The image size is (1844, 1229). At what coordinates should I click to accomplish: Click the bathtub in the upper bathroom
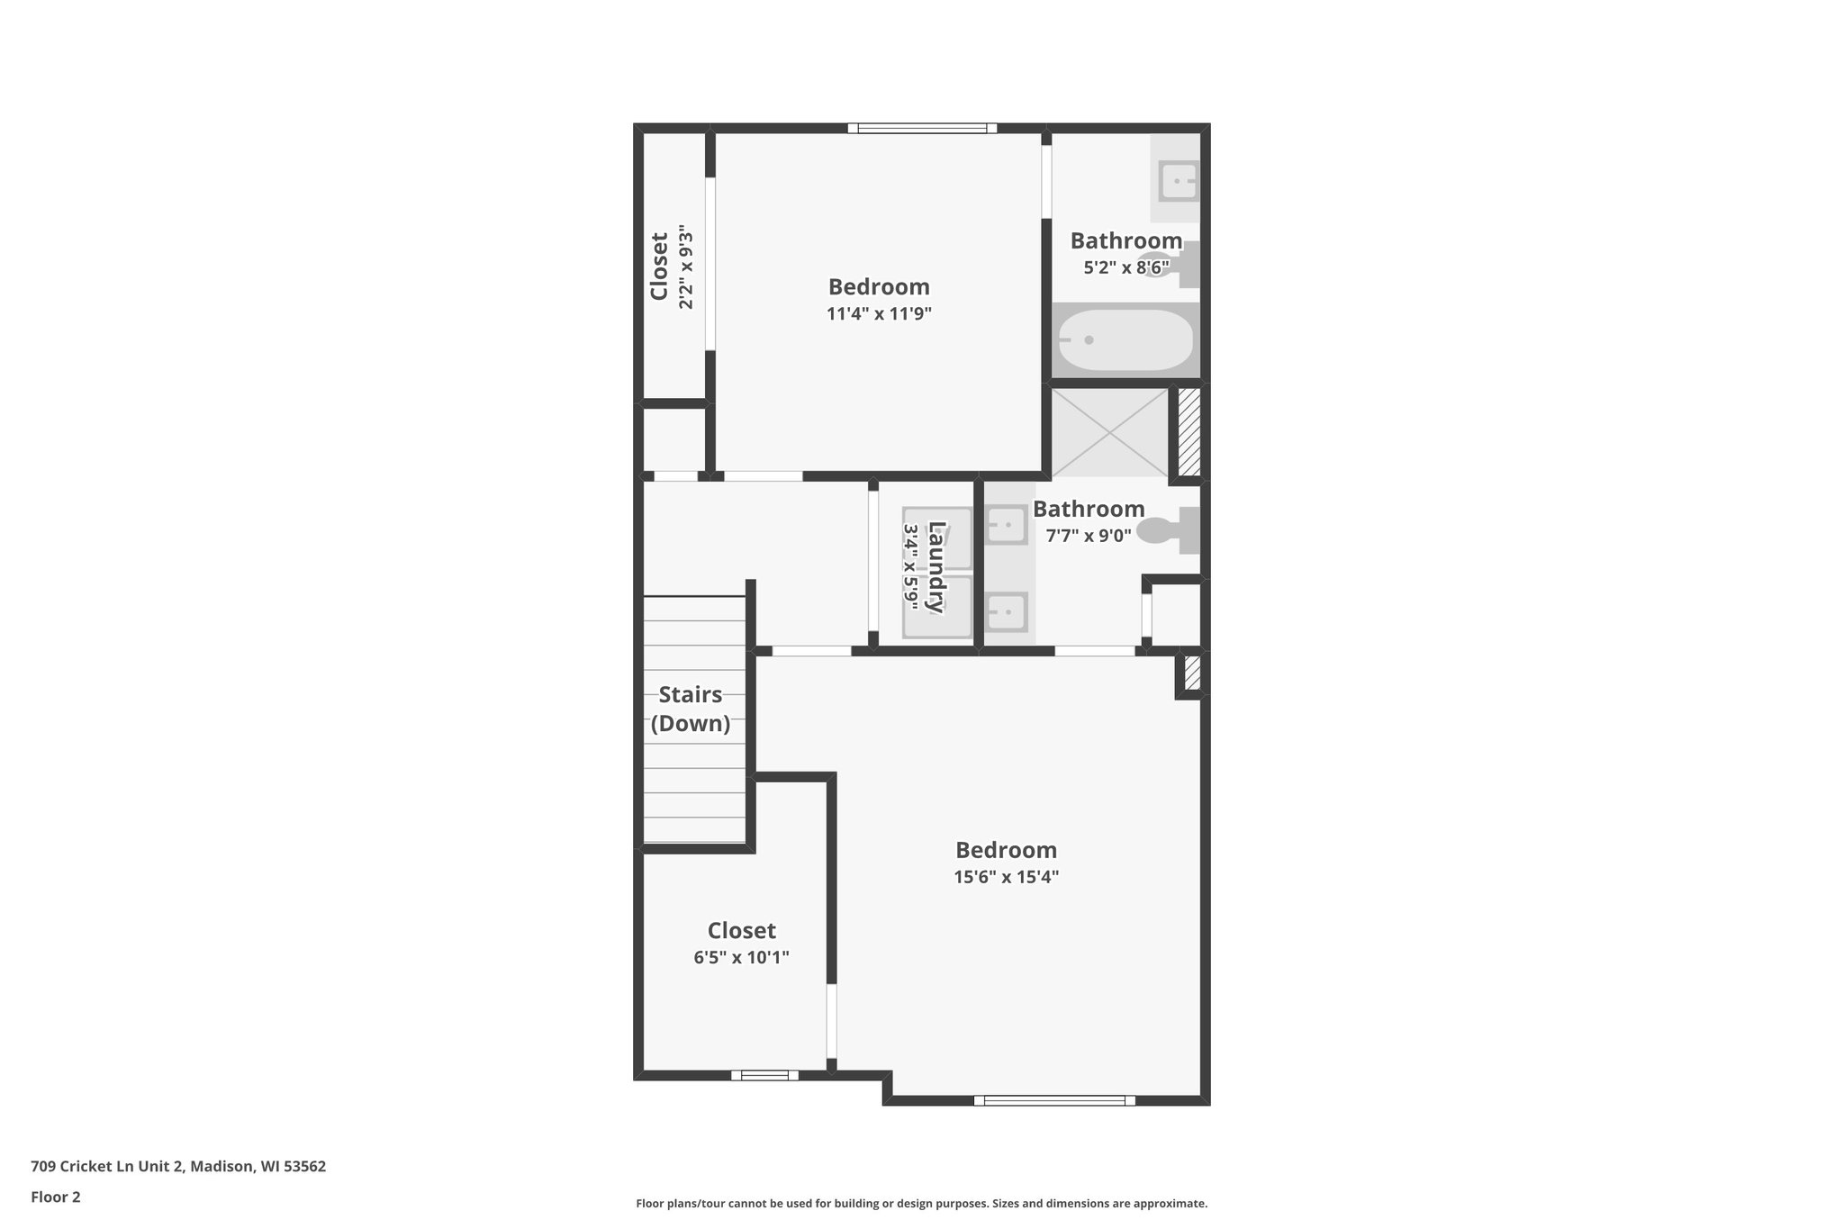point(1125,340)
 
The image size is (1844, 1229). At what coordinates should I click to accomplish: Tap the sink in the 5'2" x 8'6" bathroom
point(1178,181)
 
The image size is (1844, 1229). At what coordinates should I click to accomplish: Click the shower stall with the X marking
point(1110,432)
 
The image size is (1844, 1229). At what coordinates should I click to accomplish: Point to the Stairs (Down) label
point(690,709)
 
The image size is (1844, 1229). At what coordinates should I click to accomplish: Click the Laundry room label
point(936,566)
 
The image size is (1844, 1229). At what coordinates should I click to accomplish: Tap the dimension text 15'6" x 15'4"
point(1006,877)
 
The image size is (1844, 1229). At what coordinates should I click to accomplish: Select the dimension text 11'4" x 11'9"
point(879,314)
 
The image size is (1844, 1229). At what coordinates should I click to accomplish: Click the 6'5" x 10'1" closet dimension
point(741,957)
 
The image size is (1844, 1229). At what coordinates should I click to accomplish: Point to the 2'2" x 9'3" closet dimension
point(686,267)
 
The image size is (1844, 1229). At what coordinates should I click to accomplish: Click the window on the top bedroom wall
point(922,128)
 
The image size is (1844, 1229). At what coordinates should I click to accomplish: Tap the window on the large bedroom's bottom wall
point(1054,1099)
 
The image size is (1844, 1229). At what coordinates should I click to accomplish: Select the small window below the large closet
point(764,1074)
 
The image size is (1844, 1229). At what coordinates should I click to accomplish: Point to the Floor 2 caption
point(56,1197)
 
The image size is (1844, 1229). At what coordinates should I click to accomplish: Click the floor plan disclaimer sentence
point(921,1203)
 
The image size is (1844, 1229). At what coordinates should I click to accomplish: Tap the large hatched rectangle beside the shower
point(1189,431)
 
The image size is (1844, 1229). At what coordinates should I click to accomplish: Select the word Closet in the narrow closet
point(659,267)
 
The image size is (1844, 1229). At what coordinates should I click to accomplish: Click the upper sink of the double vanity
point(1006,524)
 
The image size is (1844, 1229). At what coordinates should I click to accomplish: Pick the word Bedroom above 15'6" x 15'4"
point(1006,850)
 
